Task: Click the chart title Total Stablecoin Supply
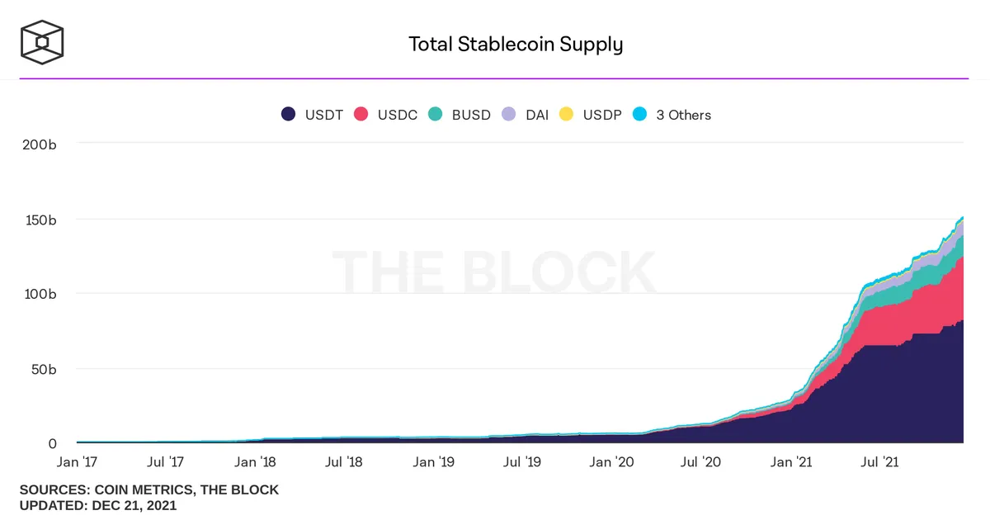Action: tap(516, 45)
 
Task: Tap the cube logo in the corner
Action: tap(42, 42)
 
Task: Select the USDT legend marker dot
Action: tap(288, 114)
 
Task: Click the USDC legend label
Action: tap(398, 115)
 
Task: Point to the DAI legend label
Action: tap(537, 115)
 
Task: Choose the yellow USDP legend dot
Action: tap(566, 114)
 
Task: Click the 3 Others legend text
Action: tap(684, 115)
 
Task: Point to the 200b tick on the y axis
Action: tap(40, 144)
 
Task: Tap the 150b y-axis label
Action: tap(40, 220)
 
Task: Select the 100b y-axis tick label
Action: tap(40, 294)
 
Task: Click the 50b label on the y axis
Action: tap(44, 369)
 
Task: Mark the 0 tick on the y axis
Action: tap(52, 443)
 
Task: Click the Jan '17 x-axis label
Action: tap(77, 462)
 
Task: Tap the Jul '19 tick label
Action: tap(522, 462)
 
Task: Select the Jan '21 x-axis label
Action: tap(791, 462)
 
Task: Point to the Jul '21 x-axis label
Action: tap(879, 462)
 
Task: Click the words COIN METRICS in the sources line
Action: tap(144, 490)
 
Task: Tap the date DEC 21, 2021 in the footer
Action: tap(134, 505)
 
